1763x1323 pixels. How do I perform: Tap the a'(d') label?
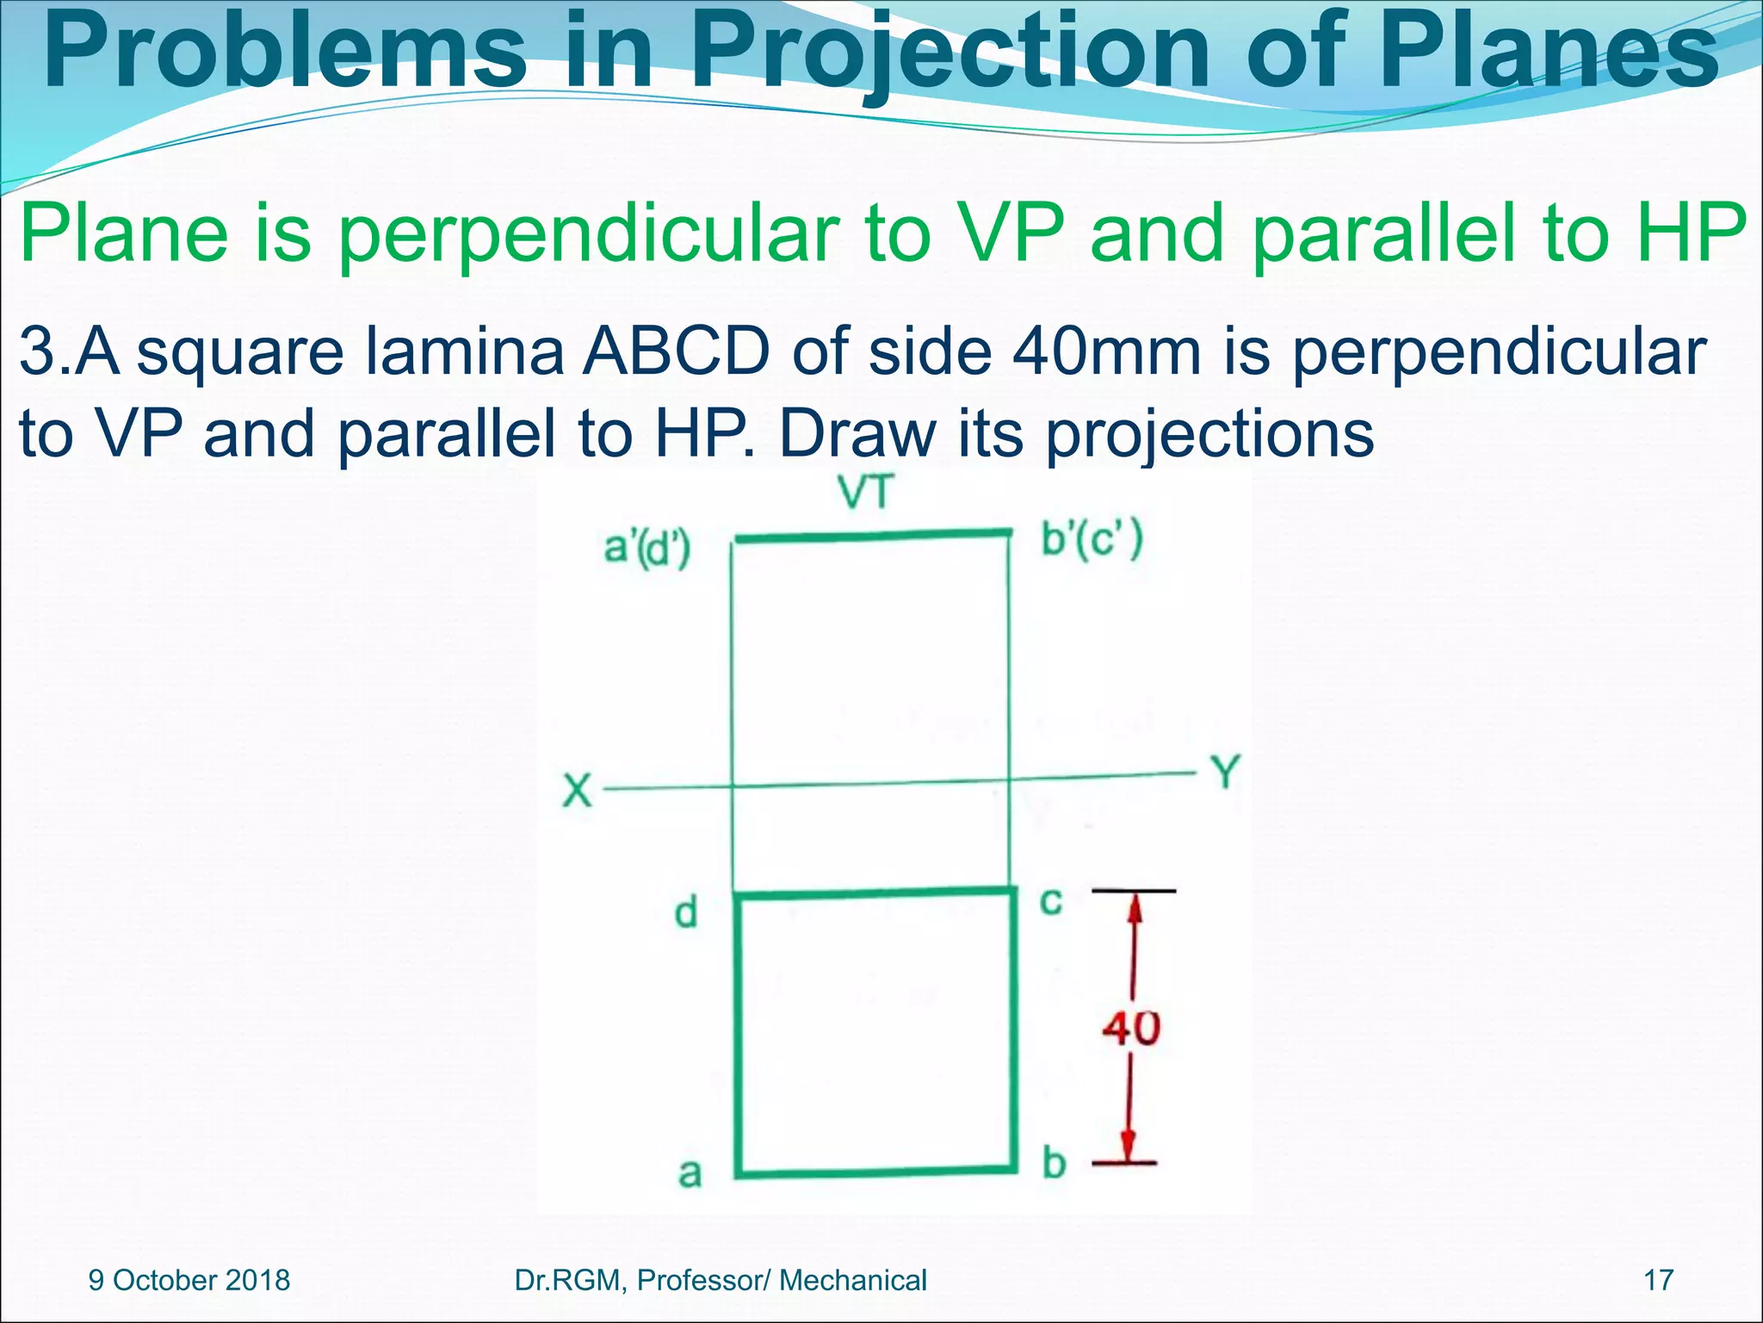click(646, 549)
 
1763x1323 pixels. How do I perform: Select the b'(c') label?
click(1092, 541)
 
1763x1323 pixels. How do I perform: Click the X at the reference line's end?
click(578, 790)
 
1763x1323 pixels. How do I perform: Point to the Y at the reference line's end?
click(1226, 773)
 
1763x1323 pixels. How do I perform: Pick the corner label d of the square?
click(685, 912)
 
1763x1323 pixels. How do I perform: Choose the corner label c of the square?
click(1051, 901)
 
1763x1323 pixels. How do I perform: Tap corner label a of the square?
click(690, 1173)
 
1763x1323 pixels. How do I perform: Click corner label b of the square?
click(1054, 1164)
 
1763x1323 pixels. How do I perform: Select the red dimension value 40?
click(1131, 1028)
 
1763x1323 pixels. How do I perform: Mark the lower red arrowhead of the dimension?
click(1127, 1148)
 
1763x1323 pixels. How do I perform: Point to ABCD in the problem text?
click(676, 352)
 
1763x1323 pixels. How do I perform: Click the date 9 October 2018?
click(189, 1280)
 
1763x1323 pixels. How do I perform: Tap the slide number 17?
click(1658, 1280)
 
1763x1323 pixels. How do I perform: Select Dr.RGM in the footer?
click(566, 1280)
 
